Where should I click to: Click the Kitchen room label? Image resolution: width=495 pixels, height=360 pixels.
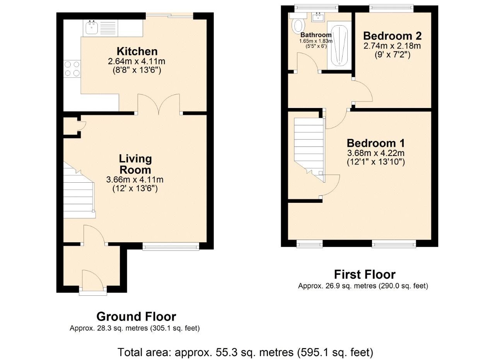137,51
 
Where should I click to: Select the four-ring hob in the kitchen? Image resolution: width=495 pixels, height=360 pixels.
72,69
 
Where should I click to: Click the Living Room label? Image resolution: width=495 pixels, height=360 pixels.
135,164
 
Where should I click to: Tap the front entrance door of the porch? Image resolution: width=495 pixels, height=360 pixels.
93,280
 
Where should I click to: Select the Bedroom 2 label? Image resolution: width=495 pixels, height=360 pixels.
392,36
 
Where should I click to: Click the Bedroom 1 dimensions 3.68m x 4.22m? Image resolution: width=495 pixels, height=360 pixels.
376,153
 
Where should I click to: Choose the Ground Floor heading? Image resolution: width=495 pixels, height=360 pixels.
136,316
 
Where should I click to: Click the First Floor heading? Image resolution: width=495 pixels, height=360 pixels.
364,274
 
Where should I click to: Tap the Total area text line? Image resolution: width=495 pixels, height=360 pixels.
245,352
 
